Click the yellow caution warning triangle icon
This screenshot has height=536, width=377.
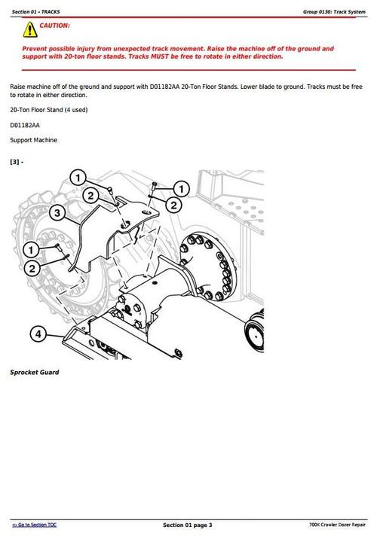click(29, 30)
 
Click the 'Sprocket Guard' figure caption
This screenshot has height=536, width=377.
click(34, 372)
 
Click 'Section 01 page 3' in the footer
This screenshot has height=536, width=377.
click(188, 524)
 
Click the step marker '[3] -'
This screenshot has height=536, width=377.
click(17, 162)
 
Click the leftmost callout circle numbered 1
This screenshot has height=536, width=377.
click(30, 249)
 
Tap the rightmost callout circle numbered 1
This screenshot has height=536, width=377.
click(181, 187)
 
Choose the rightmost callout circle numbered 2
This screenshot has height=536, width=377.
click(173, 204)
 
